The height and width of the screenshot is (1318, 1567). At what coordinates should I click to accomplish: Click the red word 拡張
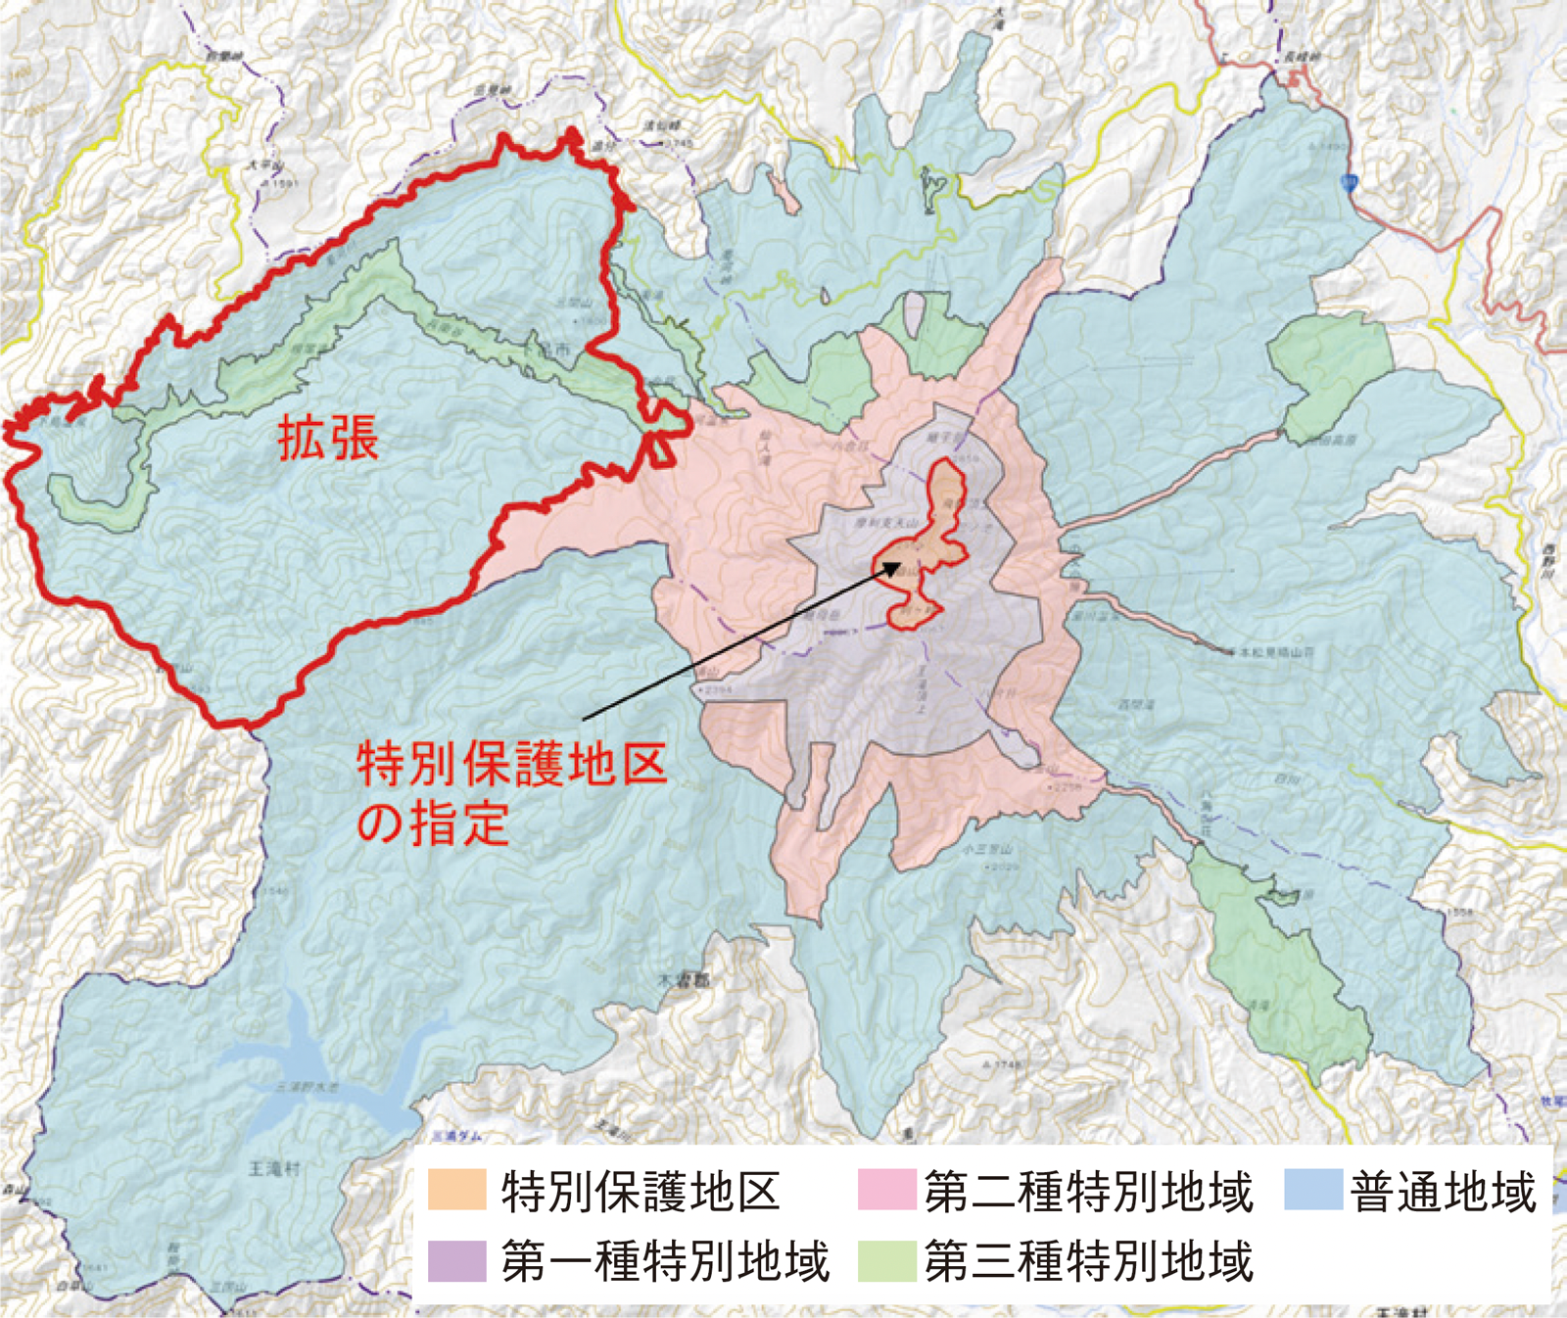click(328, 438)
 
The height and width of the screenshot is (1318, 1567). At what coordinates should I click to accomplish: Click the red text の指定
click(432, 824)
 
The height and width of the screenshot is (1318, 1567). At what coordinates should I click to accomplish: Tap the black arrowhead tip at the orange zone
click(900, 563)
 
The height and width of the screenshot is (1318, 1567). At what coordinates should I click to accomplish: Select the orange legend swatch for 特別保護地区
click(456, 1190)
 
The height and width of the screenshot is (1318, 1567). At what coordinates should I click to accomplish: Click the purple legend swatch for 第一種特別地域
click(456, 1260)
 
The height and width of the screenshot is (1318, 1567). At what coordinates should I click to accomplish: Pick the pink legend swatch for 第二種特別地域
click(886, 1190)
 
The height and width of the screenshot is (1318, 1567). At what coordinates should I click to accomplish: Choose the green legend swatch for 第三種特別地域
click(886, 1260)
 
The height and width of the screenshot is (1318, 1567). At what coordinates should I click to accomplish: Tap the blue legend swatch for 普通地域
click(1312, 1190)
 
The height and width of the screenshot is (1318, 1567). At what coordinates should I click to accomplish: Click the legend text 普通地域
click(1443, 1192)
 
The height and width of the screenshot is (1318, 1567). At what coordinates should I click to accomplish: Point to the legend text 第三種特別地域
click(1088, 1261)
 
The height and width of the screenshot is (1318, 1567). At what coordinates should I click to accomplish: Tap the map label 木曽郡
click(683, 979)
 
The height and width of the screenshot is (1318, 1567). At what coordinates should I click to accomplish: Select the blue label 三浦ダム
click(456, 1137)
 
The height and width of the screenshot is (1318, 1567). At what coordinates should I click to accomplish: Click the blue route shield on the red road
click(1351, 181)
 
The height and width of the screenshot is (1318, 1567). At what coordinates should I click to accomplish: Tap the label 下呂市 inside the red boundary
click(559, 350)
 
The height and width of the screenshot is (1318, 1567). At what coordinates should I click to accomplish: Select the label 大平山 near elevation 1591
click(263, 167)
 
